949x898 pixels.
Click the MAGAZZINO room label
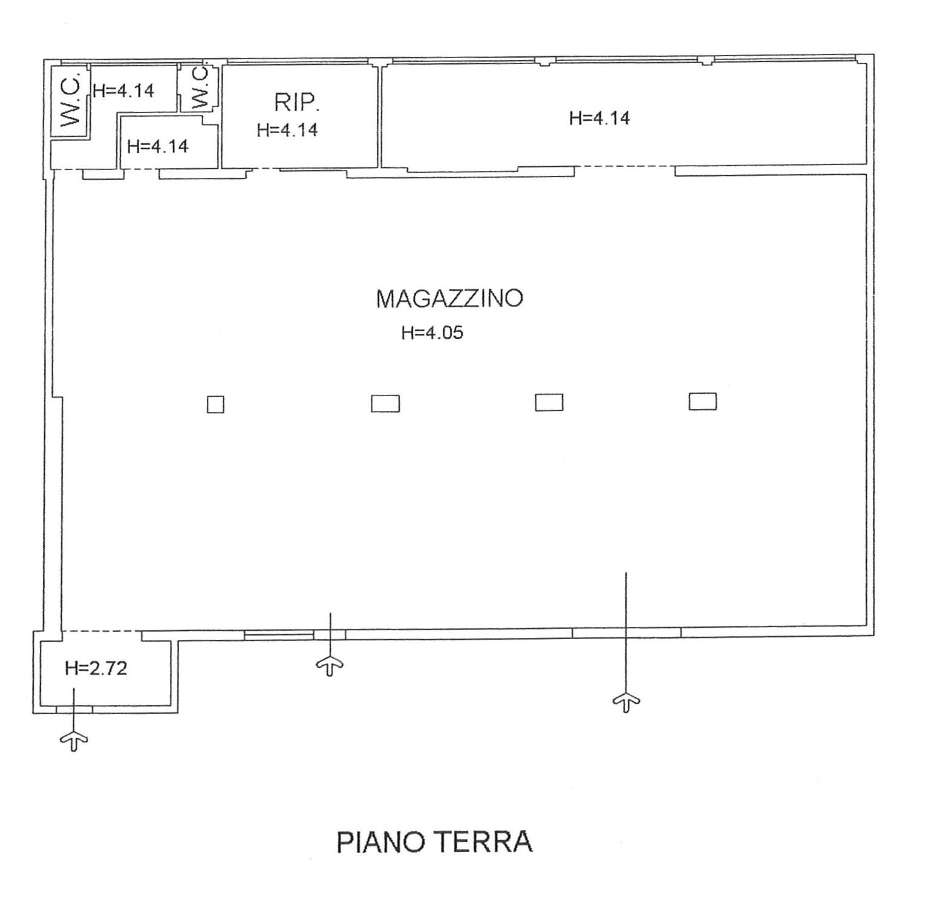point(449,299)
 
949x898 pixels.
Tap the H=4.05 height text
point(432,333)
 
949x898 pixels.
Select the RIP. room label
point(296,103)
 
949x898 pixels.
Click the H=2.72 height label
point(96,668)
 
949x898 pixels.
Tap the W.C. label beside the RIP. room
point(200,88)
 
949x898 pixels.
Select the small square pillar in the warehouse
point(215,405)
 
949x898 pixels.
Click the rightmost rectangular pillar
point(703,402)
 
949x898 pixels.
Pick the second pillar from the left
point(385,403)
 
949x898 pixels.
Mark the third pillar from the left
point(549,402)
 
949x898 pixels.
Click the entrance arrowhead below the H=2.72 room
point(74,740)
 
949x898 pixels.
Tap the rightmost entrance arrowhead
point(626,702)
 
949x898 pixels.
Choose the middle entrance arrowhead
point(330,666)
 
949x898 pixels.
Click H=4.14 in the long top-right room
point(599,118)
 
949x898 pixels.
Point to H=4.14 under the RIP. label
point(287,130)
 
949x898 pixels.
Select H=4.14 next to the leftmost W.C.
point(123,91)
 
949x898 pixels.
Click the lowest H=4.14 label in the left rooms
point(158,146)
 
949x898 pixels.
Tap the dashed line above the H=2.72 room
point(102,631)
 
